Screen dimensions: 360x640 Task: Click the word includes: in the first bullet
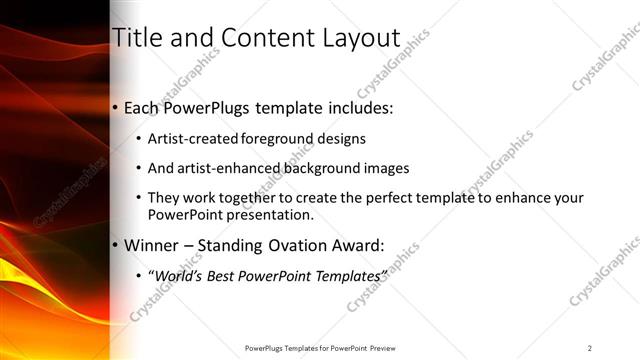(x=354, y=107)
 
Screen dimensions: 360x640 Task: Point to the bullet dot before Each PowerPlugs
(x=115, y=107)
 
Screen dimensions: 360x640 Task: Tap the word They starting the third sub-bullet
(x=164, y=198)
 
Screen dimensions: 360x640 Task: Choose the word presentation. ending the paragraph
(x=275, y=215)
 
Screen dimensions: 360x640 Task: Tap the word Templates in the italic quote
(x=349, y=275)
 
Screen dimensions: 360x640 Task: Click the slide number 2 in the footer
(x=590, y=348)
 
